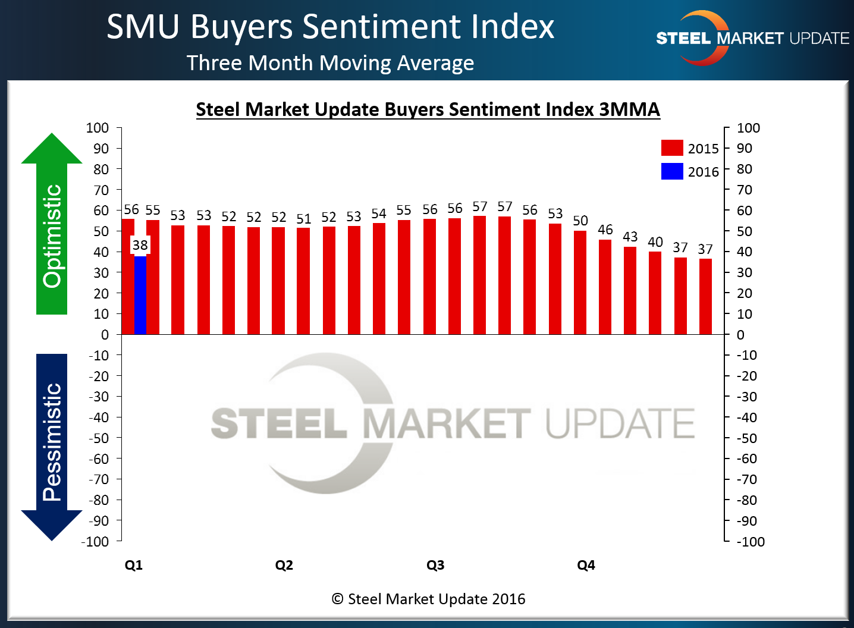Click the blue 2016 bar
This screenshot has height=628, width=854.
click(x=140, y=294)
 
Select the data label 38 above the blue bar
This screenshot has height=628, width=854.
click(x=140, y=245)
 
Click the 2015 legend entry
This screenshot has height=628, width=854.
click(x=690, y=148)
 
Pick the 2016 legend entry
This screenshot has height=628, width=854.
click(x=690, y=172)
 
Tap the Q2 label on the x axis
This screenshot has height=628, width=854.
click(x=284, y=565)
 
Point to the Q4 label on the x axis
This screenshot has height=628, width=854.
click(x=586, y=565)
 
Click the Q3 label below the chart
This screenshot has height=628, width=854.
click(x=435, y=565)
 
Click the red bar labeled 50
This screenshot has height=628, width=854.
click(x=580, y=282)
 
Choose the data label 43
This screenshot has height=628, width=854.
click(x=630, y=237)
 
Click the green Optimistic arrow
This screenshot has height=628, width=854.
click(x=52, y=226)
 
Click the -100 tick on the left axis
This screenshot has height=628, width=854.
click(x=95, y=542)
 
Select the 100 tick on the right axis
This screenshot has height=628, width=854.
click(x=748, y=128)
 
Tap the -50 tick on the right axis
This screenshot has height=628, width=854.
click(x=747, y=438)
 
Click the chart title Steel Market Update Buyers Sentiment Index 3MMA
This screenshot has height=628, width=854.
click(x=428, y=109)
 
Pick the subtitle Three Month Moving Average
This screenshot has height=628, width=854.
click(x=330, y=63)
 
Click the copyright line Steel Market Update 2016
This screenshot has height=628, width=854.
click(x=428, y=599)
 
